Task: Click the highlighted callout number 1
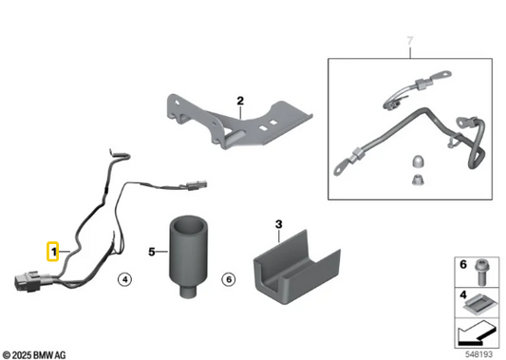point(53,251)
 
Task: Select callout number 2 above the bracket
point(240,101)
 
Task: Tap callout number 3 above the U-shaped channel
point(279,224)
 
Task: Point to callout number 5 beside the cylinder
point(152,252)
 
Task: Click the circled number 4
point(125,279)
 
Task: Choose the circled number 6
point(229,279)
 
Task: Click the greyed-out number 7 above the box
point(410,41)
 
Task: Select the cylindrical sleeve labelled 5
point(188,256)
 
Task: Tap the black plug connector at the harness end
point(28,281)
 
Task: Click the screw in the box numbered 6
point(480,273)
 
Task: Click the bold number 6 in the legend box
point(463,265)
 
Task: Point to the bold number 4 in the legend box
point(463,294)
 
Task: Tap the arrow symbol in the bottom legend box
point(476,332)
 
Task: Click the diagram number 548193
point(478,354)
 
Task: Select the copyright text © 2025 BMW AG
point(34,355)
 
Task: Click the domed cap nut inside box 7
point(418,162)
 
